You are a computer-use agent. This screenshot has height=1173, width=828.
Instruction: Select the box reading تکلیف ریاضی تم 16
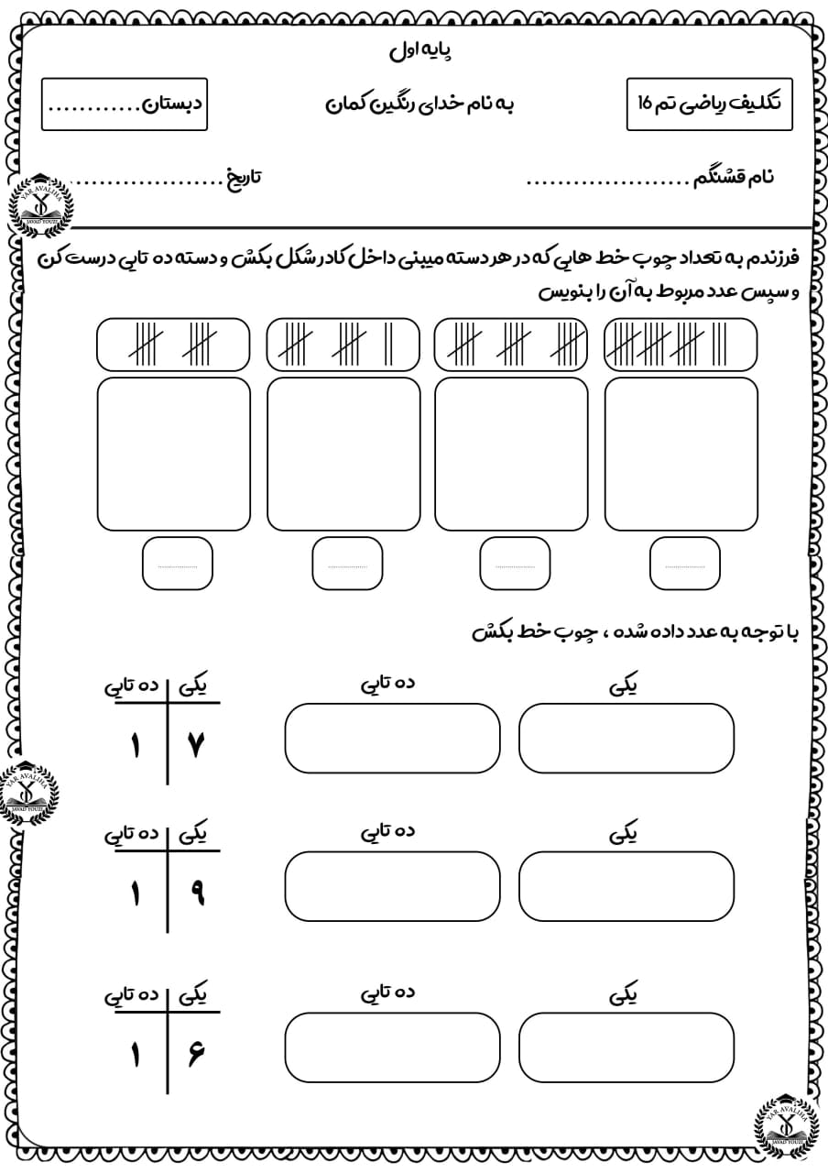(x=709, y=104)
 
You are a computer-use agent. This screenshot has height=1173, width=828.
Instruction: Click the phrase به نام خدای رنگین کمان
(x=420, y=104)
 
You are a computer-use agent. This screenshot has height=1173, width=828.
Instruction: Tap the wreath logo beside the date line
(x=38, y=204)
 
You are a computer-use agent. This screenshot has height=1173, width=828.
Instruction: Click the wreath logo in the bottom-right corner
(x=786, y=1126)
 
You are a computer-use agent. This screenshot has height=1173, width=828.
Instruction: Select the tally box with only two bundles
(x=173, y=345)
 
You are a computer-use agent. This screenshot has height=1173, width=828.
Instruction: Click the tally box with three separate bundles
(x=511, y=345)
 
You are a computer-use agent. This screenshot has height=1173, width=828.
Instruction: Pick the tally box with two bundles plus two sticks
(x=343, y=345)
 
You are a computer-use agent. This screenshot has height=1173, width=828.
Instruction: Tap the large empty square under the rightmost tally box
(x=681, y=454)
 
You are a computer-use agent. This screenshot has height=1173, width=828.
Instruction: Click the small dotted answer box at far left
(x=177, y=564)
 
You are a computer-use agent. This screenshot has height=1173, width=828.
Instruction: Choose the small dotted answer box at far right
(x=684, y=564)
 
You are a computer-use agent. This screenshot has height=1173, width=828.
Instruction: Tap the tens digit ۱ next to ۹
(x=136, y=893)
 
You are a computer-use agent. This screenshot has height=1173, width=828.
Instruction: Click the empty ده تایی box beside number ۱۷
(x=392, y=739)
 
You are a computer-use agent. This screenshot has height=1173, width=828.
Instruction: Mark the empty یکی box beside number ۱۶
(x=626, y=1047)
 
